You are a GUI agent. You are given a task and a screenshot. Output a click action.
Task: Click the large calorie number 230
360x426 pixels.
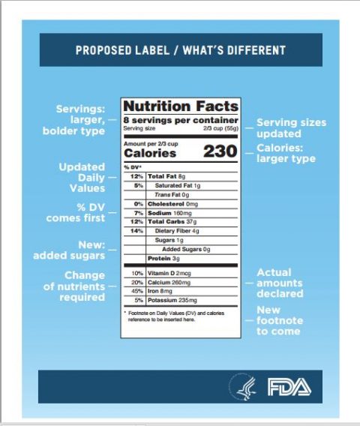(220, 151)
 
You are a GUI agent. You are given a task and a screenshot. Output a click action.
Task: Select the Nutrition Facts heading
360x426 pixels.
(181, 106)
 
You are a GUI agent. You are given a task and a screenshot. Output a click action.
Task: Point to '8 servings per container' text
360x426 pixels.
(181, 120)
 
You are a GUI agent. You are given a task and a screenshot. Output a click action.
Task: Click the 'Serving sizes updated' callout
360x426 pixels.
(291, 127)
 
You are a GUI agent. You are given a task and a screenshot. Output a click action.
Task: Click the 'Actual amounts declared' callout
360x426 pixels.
(279, 283)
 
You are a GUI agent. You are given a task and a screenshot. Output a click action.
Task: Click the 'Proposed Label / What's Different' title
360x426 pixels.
(180, 51)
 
